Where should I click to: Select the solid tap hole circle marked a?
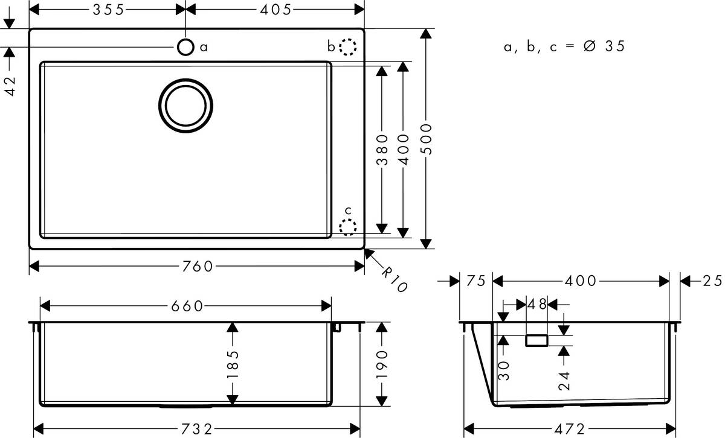click(185, 47)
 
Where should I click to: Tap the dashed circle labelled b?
click(348, 47)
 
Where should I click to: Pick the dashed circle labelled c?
click(348, 227)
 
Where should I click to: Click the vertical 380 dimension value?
click(381, 149)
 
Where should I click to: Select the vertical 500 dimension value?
click(427, 139)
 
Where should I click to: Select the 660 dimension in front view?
click(185, 306)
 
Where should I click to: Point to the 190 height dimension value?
click(381, 364)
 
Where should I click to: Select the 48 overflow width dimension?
click(537, 305)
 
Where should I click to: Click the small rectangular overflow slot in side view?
click(536, 341)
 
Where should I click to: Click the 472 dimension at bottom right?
click(569, 429)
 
